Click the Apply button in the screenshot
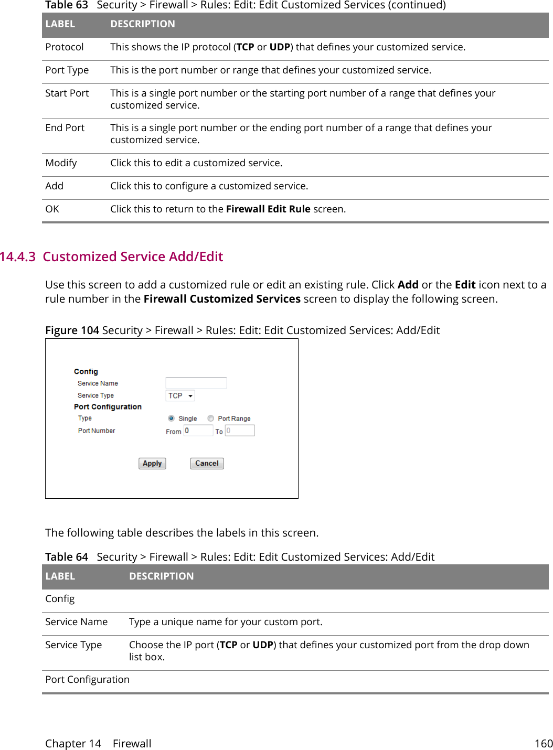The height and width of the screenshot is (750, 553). (x=152, y=464)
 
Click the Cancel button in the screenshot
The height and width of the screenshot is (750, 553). (x=207, y=464)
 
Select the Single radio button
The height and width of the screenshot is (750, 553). (x=171, y=419)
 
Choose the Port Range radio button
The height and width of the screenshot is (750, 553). (x=211, y=419)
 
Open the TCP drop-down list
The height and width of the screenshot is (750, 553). (x=180, y=396)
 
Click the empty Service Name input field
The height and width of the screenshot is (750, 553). (x=196, y=383)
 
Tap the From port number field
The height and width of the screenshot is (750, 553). (x=198, y=431)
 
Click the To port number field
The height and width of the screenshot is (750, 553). (x=240, y=431)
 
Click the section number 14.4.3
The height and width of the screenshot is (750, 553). (x=18, y=257)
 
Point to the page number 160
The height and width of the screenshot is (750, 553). (x=543, y=744)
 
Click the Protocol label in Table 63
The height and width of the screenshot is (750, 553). (x=65, y=47)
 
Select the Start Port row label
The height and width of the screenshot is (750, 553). (x=67, y=93)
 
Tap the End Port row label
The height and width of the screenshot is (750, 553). (x=65, y=128)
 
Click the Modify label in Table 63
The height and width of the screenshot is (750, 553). (x=61, y=163)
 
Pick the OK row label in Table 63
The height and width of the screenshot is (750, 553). (x=52, y=209)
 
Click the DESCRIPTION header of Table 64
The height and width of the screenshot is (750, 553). (x=161, y=576)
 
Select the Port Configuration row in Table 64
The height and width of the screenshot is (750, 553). (x=87, y=680)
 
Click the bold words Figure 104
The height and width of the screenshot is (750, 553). (x=72, y=330)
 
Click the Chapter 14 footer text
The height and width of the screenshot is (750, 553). (x=73, y=744)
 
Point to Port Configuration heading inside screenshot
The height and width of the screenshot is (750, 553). (x=108, y=407)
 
